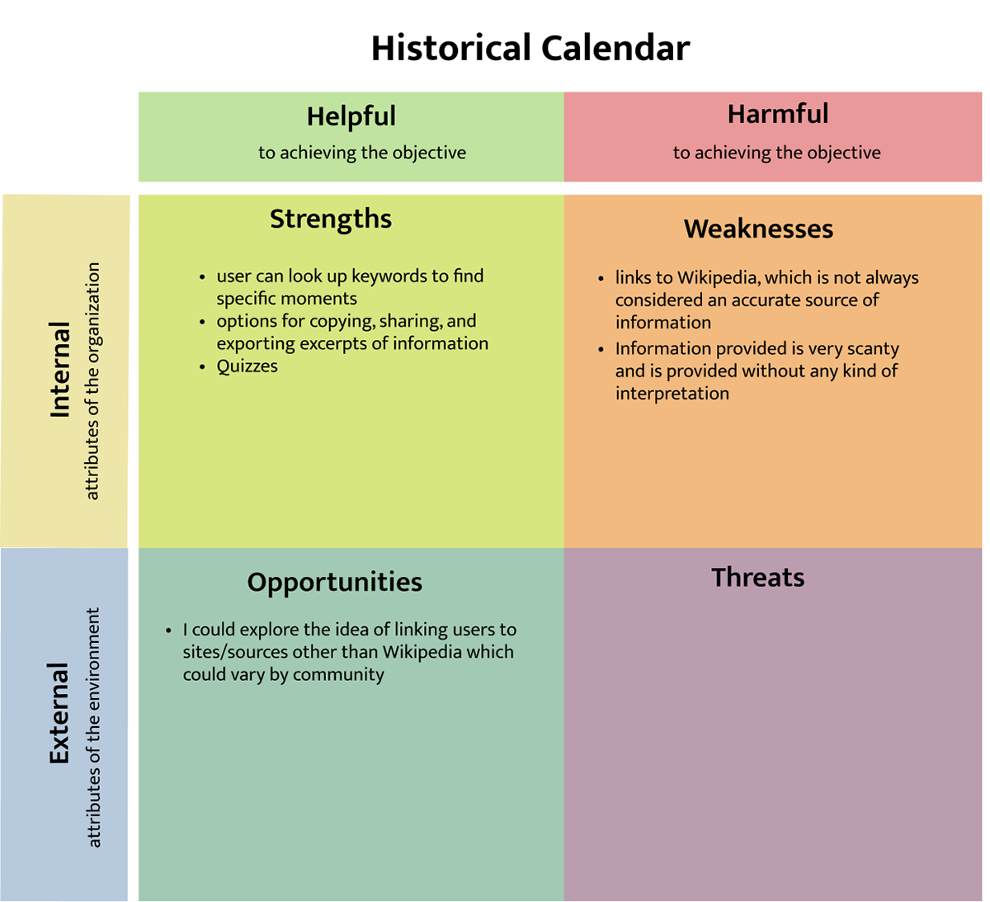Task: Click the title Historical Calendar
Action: tap(530, 49)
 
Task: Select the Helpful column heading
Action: tap(351, 116)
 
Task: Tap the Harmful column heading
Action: tap(777, 114)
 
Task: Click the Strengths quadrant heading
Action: tap(330, 219)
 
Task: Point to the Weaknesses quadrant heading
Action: tap(758, 229)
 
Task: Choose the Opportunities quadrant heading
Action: tap(334, 582)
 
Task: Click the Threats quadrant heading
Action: tap(757, 577)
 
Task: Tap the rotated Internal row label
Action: tap(60, 369)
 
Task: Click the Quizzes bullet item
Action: tap(247, 366)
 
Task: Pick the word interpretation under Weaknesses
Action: tap(672, 394)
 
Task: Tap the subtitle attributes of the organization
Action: tap(92, 380)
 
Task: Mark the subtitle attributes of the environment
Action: tap(93, 727)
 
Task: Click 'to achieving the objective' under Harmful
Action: tap(776, 153)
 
